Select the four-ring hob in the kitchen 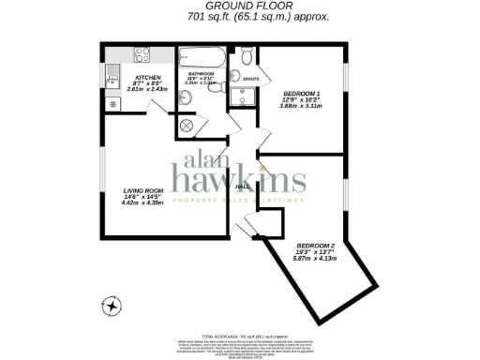[x=143, y=55]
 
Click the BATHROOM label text [x=201, y=73]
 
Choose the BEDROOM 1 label [x=302, y=94]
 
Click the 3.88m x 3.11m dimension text [x=302, y=109]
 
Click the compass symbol [x=112, y=305]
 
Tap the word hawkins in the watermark [x=239, y=179]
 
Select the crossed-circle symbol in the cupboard [x=187, y=124]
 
